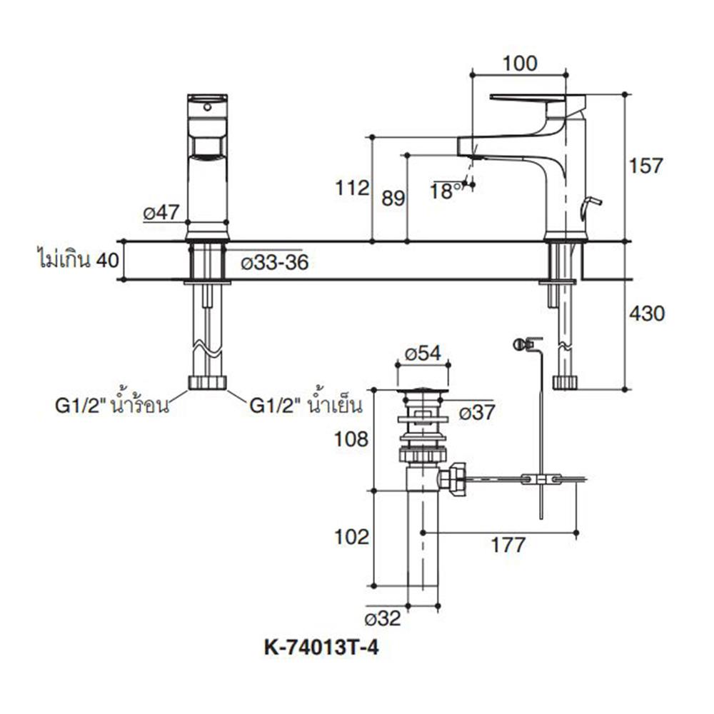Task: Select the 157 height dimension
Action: point(646,166)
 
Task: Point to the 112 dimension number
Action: point(353,188)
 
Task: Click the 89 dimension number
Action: point(393,198)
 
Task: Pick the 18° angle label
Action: point(447,191)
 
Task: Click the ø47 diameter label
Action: point(164,212)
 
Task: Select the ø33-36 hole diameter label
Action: point(274,263)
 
